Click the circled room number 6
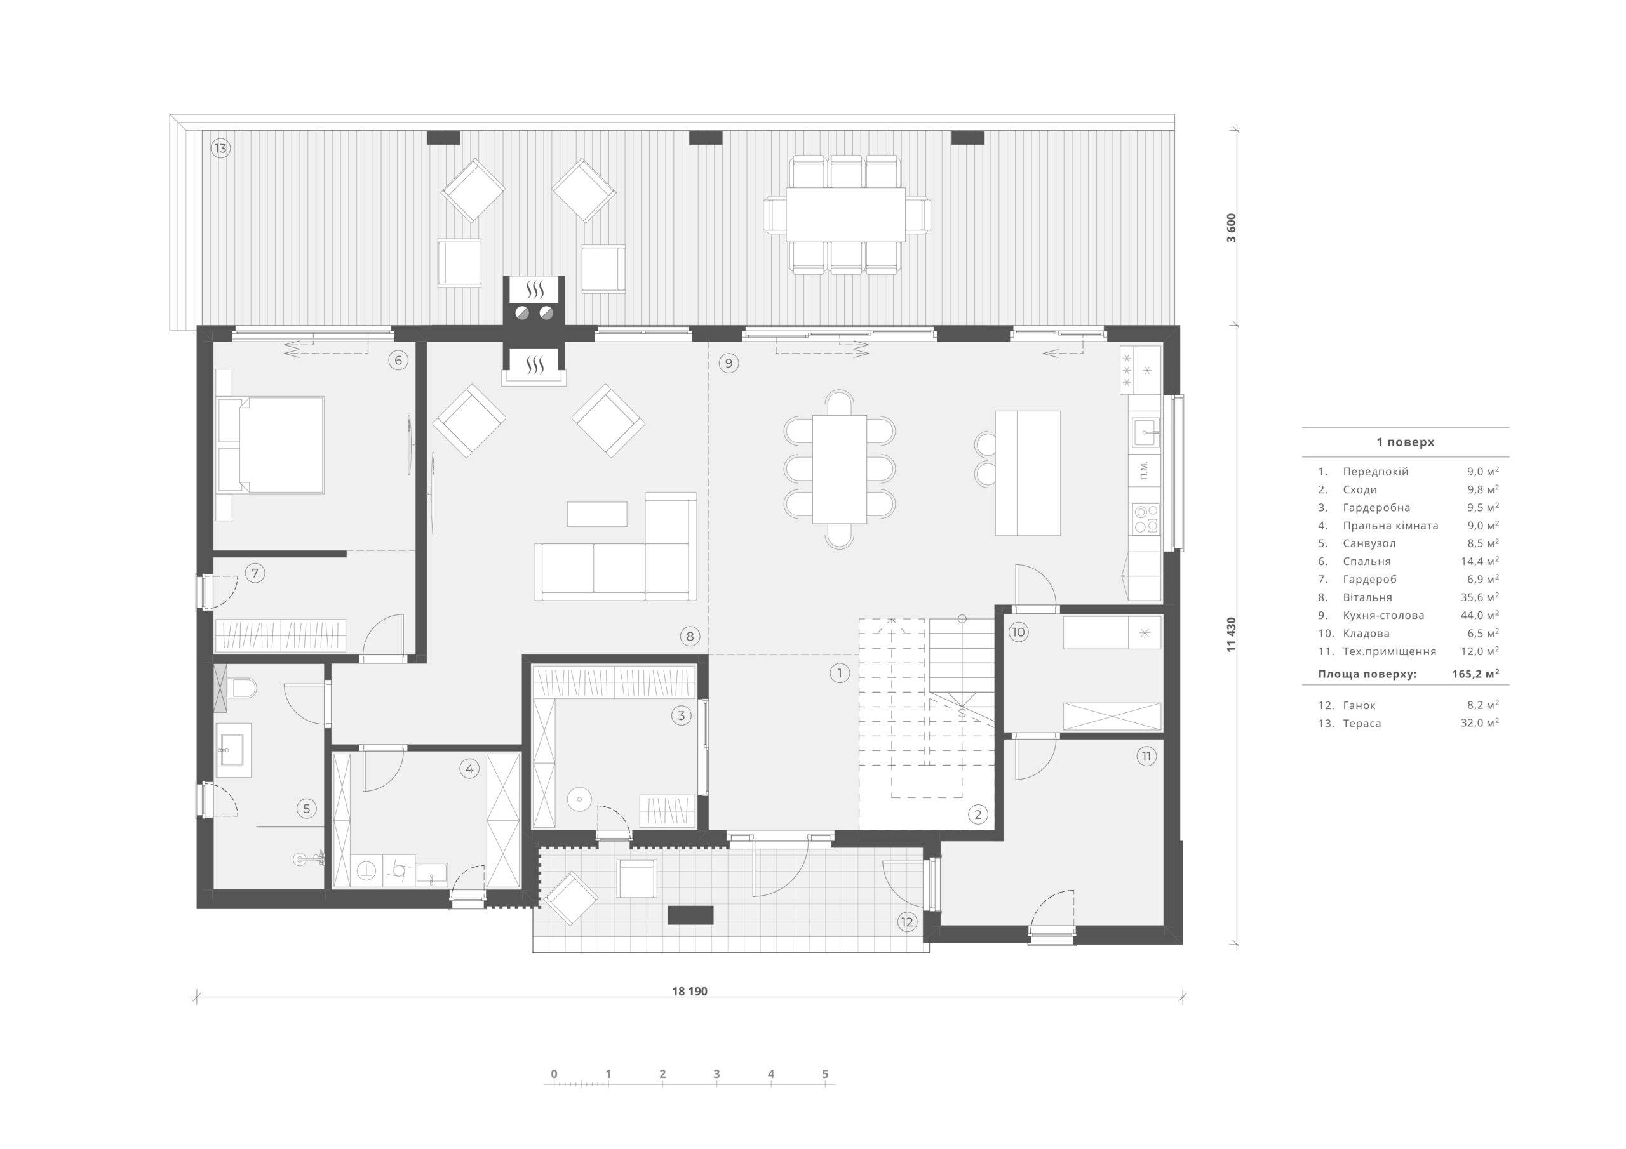tap(398, 361)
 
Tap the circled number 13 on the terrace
tap(220, 149)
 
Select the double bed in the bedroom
tap(271, 444)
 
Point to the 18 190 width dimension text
tap(690, 991)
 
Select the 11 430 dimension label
tap(1232, 634)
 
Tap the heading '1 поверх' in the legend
tap(1405, 442)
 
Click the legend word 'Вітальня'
tap(1367, 597)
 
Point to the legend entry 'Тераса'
tap(1362, 724)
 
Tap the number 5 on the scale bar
tap(825, 1074)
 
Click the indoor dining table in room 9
tap(839, 469)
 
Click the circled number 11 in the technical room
tap(1146, 756)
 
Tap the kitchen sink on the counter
tap(1145, 432)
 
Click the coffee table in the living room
tap(597, 514)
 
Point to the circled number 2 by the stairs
tap(978, 814)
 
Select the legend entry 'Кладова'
tap(1363, 634)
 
